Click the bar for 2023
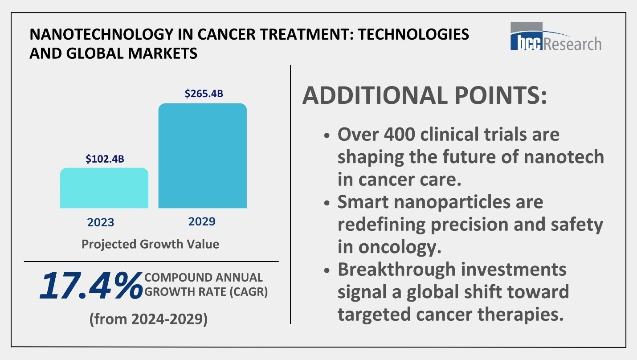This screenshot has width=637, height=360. click(104, 188)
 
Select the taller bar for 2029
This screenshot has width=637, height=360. click(202, 155)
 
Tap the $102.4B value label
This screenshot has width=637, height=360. click(104, 159)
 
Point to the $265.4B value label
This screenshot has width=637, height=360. click(204, 94)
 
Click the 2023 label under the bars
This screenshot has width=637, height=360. click(101, 222)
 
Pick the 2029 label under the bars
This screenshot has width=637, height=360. click(202, 221)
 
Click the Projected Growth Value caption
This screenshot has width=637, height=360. click(150, 244)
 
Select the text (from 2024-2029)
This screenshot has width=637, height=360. click(149, 319)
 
